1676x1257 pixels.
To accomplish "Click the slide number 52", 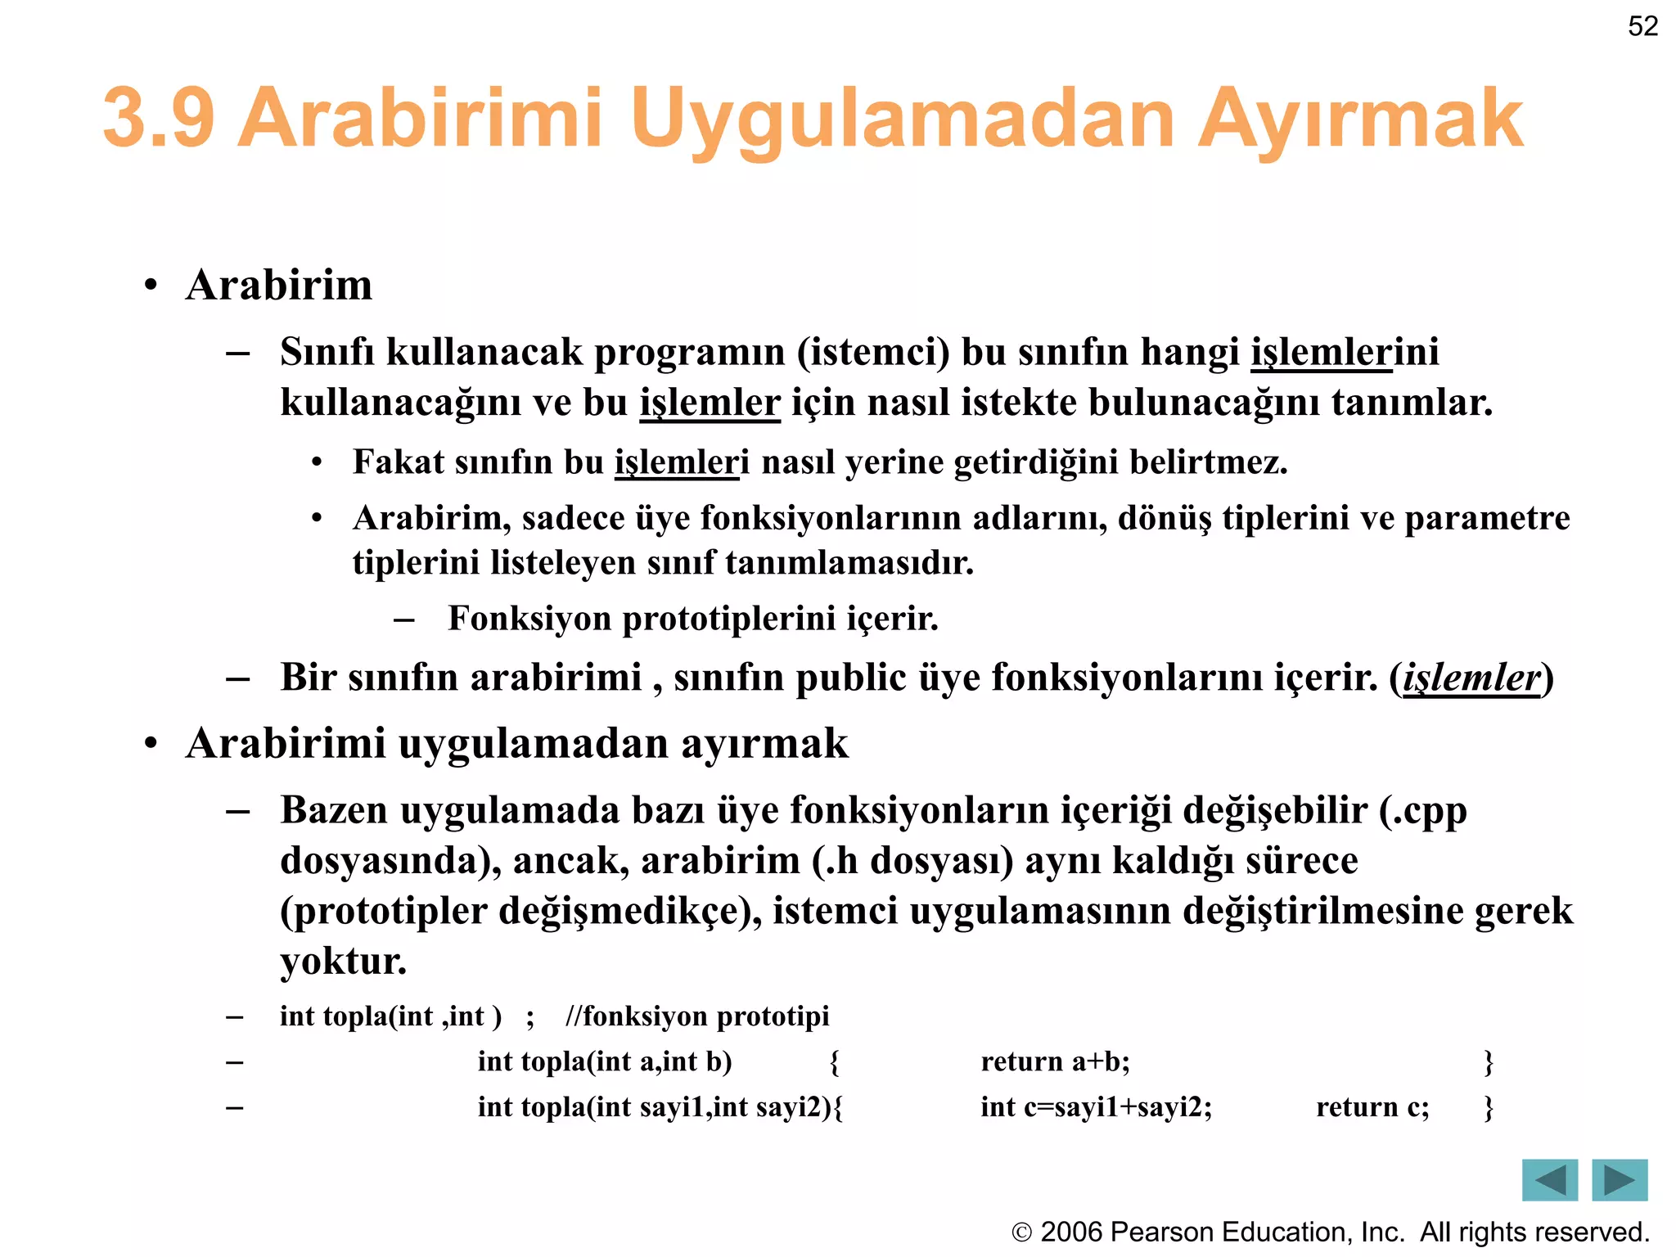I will (x=1642, y=26).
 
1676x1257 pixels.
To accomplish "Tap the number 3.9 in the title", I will (x=159, y=119).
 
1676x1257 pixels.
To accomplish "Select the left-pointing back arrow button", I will (x=1549, y=1179).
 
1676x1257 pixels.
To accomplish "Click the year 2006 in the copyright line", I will (x=1071, y=1232).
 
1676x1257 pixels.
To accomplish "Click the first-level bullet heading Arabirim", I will (x=278, y=286).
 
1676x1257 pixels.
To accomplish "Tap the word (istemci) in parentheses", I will (x=873, y=353).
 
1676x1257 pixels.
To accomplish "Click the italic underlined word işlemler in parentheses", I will (x=1471, y=678).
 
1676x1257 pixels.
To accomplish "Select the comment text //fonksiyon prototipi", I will (x=697, y=1016).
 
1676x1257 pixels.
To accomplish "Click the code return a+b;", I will (x=1055, y=1061).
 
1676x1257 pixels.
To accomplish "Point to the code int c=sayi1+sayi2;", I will (x=1096, y=1107).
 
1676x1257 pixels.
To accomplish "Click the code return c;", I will (x=1372, y=1107).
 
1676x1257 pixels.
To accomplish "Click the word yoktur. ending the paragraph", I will (x=343, y=961).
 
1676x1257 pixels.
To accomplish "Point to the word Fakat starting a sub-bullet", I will (x=398, y=462).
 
